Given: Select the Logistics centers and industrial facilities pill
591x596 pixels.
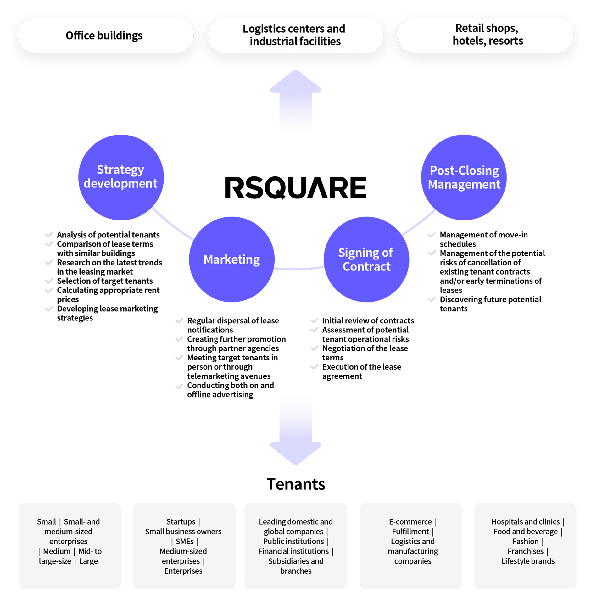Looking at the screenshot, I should (295, 35).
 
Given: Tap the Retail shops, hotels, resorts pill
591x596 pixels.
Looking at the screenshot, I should (486, 35).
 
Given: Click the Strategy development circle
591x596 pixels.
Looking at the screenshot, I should (121, 177).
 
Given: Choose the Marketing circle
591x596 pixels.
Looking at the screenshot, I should (232, 259).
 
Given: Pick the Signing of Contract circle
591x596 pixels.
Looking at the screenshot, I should (366, 259).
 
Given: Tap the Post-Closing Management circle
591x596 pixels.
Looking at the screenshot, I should (464, 177).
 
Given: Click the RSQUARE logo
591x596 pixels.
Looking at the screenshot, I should (295, 187).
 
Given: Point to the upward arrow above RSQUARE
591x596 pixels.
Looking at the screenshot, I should (296, 107).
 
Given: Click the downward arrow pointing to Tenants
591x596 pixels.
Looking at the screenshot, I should (296, 431).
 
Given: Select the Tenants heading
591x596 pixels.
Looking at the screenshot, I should (296, 484).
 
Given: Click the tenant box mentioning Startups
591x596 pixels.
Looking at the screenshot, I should (184, 546).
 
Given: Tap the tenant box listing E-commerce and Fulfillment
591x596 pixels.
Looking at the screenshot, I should (411, 546).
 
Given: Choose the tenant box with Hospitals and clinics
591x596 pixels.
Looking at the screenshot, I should (525, 546).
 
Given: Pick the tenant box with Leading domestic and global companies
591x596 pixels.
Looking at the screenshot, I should (296, 546).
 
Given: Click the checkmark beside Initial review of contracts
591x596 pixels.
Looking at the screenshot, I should (314, 320).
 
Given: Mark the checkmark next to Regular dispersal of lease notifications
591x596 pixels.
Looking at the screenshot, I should (179, 320).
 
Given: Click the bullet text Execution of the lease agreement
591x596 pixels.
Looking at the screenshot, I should (362, 371).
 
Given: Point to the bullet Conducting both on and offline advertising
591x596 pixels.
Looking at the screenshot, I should (231, 390).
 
